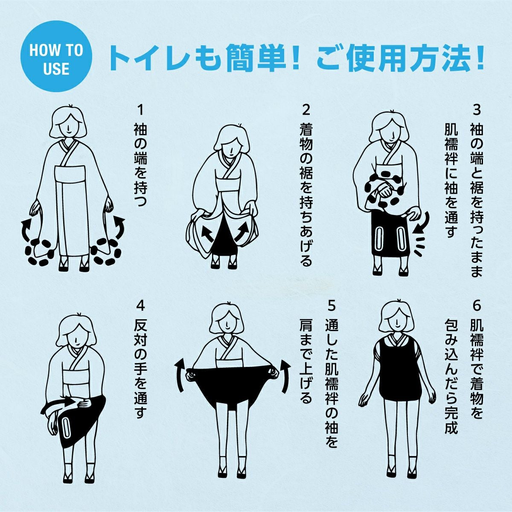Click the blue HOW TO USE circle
pyautogui.click(x=56, y=56)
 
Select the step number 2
pyautogui.click(x=306, y=110)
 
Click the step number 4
pyautogui.click(x=140, y=306)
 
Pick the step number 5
pyautogui.click(x=332, y=306)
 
